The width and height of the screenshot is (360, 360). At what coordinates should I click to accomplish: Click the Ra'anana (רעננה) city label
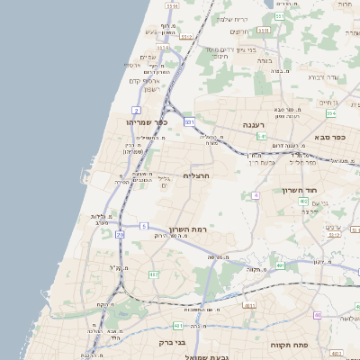(x=253, y=125)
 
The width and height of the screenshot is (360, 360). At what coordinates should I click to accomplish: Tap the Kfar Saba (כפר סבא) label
(x=330, y=138)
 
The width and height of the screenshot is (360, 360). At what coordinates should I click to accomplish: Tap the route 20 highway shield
(x=120, y=234)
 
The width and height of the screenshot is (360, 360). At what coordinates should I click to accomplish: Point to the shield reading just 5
(x=143, y=225)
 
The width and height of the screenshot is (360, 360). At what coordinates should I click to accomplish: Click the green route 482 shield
(x=154, y=274)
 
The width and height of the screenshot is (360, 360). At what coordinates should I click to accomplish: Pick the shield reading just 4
(x=256, y=194)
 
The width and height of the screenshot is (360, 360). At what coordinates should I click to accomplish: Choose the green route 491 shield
(x=280, y=265)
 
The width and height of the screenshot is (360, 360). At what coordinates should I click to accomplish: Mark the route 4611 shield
(x=247, y=306)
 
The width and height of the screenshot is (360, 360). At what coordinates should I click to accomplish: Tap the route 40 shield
(x=317, y=314)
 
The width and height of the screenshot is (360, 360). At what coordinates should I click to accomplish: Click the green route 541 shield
(x=261, y=135)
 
